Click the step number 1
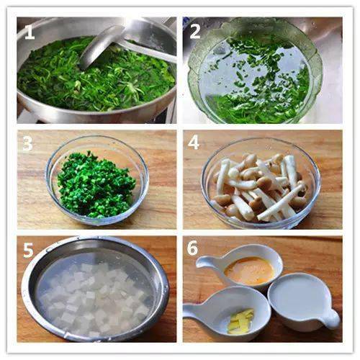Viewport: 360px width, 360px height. pos(29,32)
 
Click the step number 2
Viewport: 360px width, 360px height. pos(194,31)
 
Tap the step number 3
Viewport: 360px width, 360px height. pos(27,143)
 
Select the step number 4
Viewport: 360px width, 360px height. pos(194,143)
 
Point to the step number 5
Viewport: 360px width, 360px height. pos(27,251)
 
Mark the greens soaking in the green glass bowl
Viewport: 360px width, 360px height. pos(259,86)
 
